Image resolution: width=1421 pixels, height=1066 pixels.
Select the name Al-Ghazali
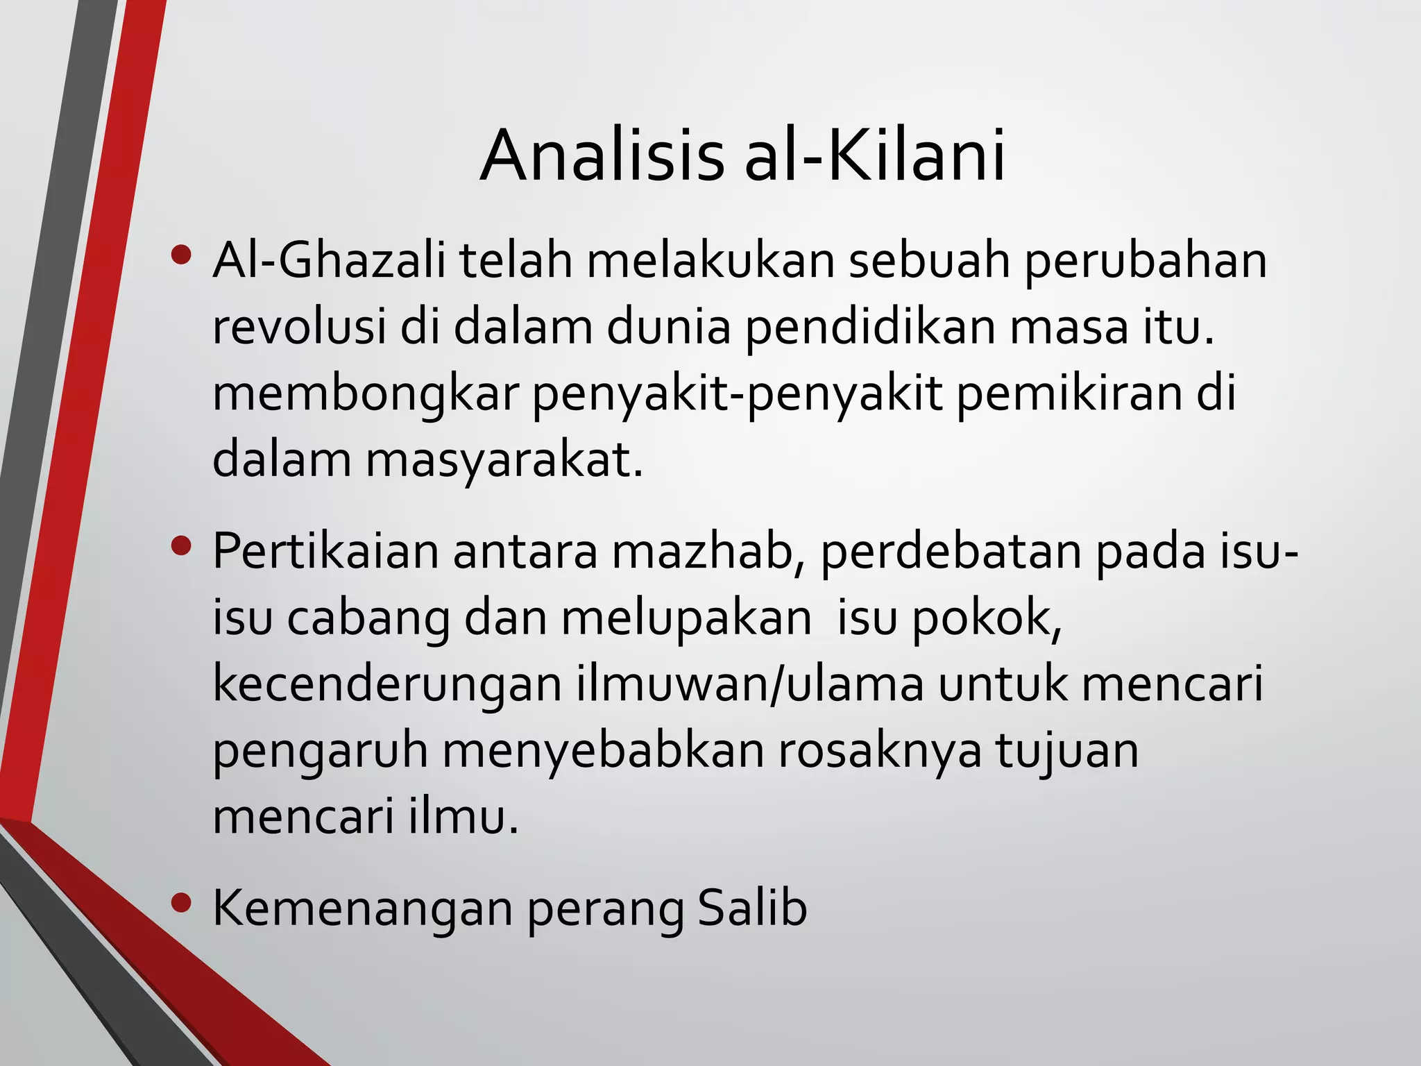[329, 261]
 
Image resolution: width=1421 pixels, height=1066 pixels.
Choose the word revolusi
[298, 328]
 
